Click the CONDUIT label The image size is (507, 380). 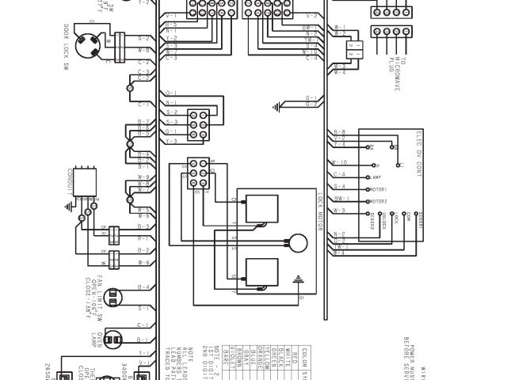(70, 181)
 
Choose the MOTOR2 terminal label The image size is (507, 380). (379, 201)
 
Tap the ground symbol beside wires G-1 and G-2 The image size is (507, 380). (276, 104)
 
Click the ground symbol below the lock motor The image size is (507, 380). (298, 279)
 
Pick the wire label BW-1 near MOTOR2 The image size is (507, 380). (339, 200)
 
